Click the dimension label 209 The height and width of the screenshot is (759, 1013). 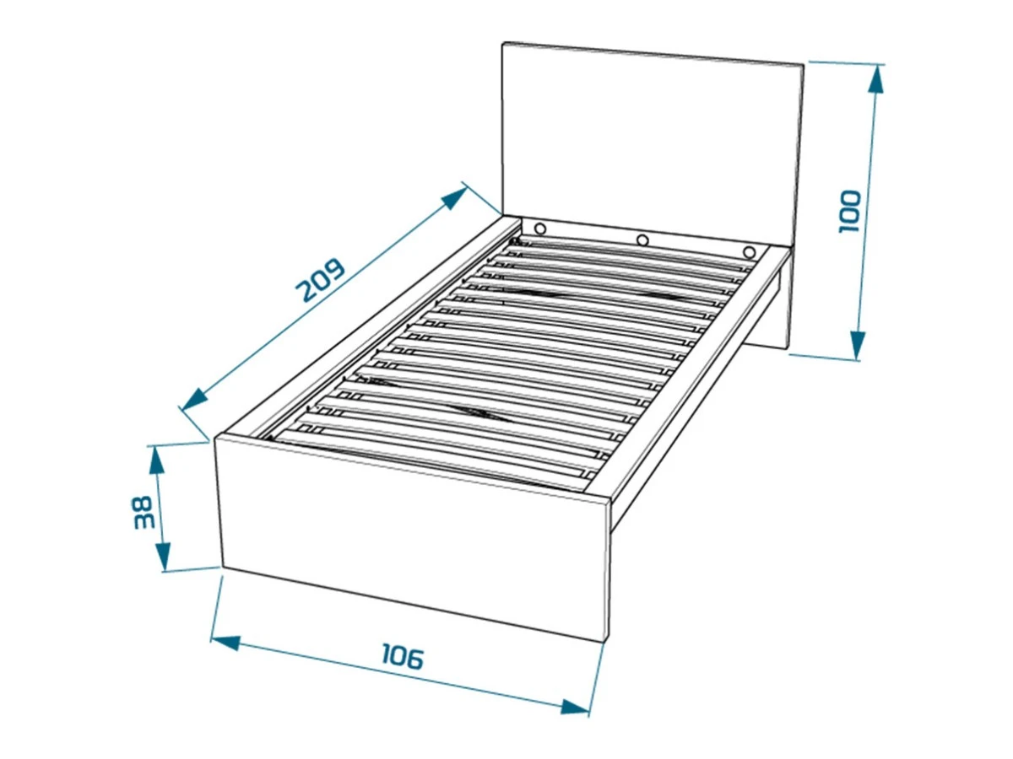(x=320, y=280)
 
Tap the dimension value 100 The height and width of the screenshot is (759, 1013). (x=849, y=211)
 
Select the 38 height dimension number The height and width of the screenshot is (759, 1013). (x=143, y=512)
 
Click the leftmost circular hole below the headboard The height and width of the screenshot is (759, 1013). (x=540, y=229)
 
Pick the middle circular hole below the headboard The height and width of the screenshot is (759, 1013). (x=642, y=240)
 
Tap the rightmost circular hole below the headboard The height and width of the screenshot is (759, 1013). (x=750, y=252)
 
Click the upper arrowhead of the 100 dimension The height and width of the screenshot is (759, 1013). (x=875, y=79)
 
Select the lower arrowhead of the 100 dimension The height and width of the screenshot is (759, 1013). (x=858, y=345)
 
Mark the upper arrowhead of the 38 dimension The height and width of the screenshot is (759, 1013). (x=156, y=460)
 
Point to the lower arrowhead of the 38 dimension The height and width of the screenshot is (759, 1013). (x=163, y=557)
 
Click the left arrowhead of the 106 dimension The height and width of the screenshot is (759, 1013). (x=225, y=643)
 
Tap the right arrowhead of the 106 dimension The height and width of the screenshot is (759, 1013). (x=575, y=719)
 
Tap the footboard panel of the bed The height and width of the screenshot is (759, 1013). (x=413, y=537)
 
